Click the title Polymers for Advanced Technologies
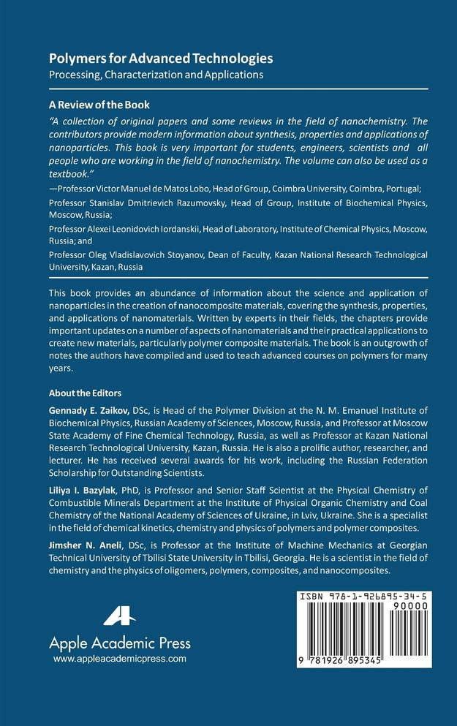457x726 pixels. coord(161,58)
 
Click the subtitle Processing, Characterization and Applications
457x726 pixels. coord(156,74)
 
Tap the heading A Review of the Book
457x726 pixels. coord(99,105)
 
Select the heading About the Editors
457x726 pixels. coord(85,393)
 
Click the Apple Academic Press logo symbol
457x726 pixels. coord(119,616)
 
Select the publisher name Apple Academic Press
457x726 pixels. coord(119,643)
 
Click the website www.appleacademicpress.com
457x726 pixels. coord(120,659)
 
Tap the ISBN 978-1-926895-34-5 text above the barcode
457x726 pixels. coord(363,597)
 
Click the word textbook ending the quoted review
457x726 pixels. coord(68,174)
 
